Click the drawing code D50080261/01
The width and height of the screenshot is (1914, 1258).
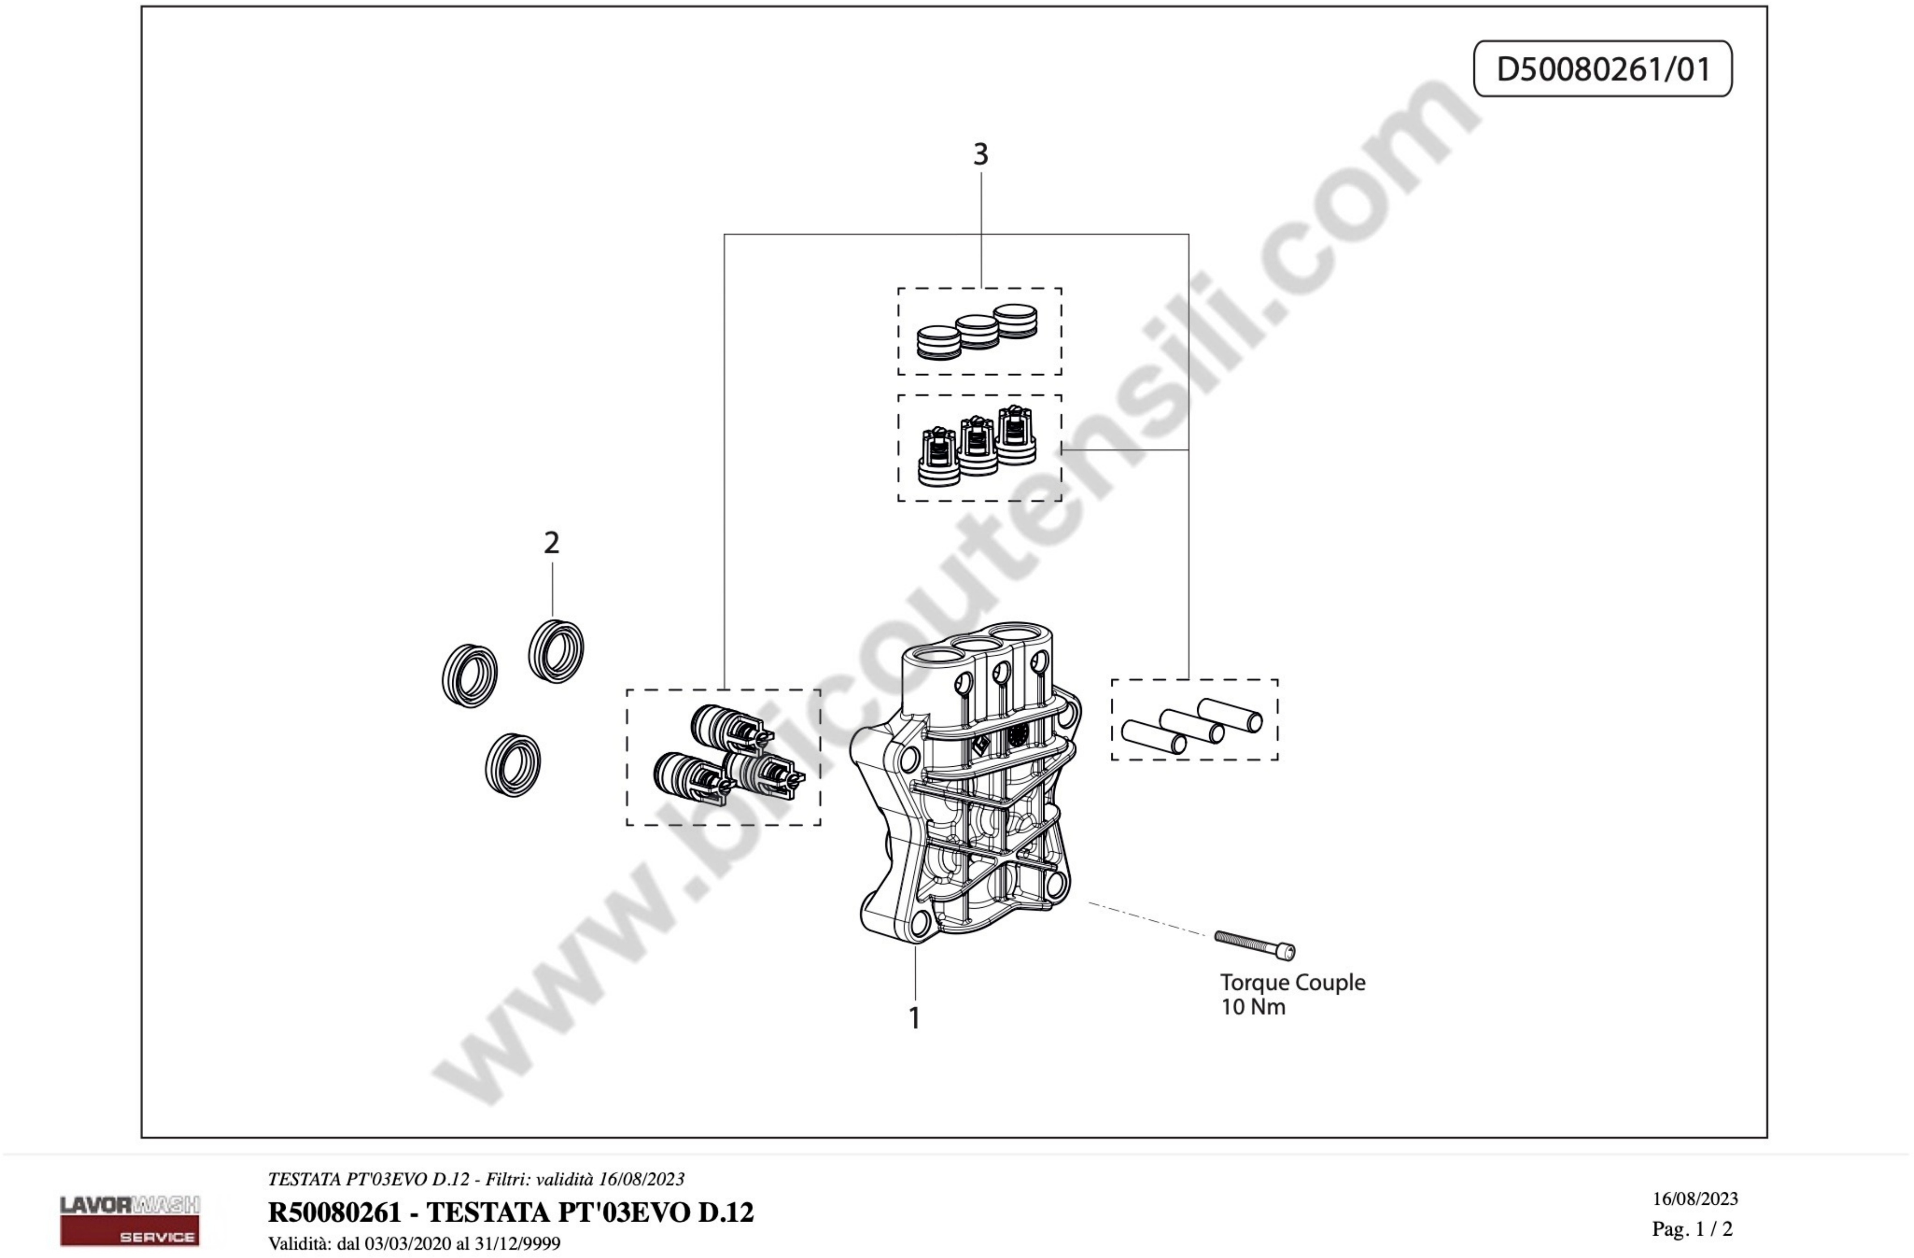pos(1603,69)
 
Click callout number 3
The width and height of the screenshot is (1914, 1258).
pos(981,155)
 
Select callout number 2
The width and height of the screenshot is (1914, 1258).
pos(552,543)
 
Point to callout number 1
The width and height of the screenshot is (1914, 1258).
pos(914,1018)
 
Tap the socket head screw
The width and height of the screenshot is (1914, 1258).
pos(1255,945)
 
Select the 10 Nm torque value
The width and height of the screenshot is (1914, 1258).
pos(1253,1007)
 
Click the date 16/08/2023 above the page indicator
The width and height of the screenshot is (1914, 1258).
pos(1695,1198)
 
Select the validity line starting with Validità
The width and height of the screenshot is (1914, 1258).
pos(414,1244)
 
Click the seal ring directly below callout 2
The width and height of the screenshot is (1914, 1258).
pos(556,651)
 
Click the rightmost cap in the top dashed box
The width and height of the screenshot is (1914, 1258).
pos(1015,321)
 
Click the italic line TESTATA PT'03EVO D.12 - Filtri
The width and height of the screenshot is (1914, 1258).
pos(476,1179)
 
